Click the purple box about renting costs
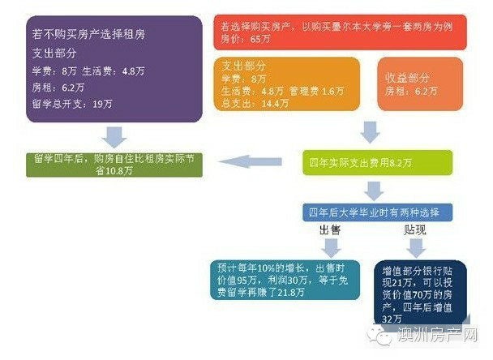[114, 69]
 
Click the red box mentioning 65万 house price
[338, 32]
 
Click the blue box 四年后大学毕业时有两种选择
[375, 212]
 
